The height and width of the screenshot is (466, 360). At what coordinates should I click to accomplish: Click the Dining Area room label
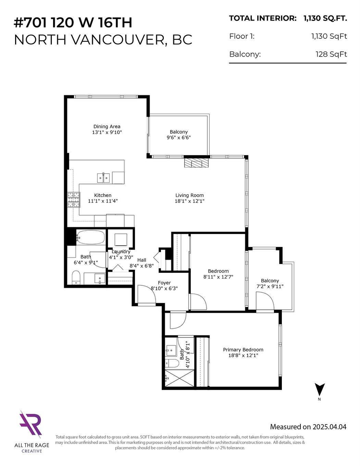coord(107,126)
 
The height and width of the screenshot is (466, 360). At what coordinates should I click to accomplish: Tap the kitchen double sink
coord(103,177)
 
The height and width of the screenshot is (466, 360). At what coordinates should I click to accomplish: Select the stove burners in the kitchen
coord(73,200)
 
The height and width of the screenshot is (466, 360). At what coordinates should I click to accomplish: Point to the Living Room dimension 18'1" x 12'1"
coord(189,201)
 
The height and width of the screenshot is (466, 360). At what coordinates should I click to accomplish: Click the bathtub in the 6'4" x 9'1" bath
coord(90,237)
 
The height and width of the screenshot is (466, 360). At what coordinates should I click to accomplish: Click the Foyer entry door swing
coord(147,295)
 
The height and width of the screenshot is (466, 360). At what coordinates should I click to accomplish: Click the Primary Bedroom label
coord(243,349)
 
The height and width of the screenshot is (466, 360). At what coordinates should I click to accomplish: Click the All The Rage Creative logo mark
coord(31,424)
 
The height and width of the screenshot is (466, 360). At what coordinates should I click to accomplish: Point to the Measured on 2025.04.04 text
coord(308,427)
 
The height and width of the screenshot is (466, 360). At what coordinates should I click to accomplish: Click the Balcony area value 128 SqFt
coord(331,54)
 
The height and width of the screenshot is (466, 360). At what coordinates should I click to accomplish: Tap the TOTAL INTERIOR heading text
coord(262,19)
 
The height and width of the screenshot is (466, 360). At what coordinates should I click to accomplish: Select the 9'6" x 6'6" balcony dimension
coord(178,137)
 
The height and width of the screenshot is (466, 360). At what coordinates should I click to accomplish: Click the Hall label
coord(141,260)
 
